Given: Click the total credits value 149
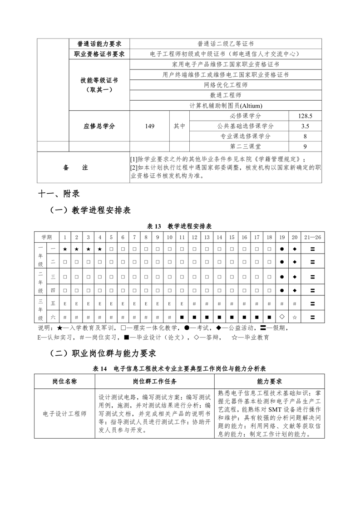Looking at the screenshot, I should [x=150, y=126].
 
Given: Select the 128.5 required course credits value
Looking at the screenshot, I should [x=305, y=116].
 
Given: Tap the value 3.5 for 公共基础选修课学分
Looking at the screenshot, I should [x=305, y=126].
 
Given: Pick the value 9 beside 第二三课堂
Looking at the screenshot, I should [x=305, y=146].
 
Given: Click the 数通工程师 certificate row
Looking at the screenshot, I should [x=226, y=95].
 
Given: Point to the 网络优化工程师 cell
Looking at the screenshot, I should [x=226, y=85].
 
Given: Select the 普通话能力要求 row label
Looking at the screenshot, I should [x=99, y=44].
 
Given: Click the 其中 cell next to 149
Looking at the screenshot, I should [x=179, y=126].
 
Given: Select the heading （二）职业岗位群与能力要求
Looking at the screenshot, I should [x=103, y=353].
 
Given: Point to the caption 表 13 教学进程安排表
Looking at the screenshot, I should [x=180, y=226].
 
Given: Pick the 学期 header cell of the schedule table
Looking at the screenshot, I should [x=47, y=237].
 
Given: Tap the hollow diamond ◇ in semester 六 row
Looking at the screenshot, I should [x=282, y=316].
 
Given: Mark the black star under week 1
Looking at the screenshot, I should [x=65, y=249].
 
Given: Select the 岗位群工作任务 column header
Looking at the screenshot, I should [x=155, y=382].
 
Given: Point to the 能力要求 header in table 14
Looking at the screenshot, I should [x=269, y=382].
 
